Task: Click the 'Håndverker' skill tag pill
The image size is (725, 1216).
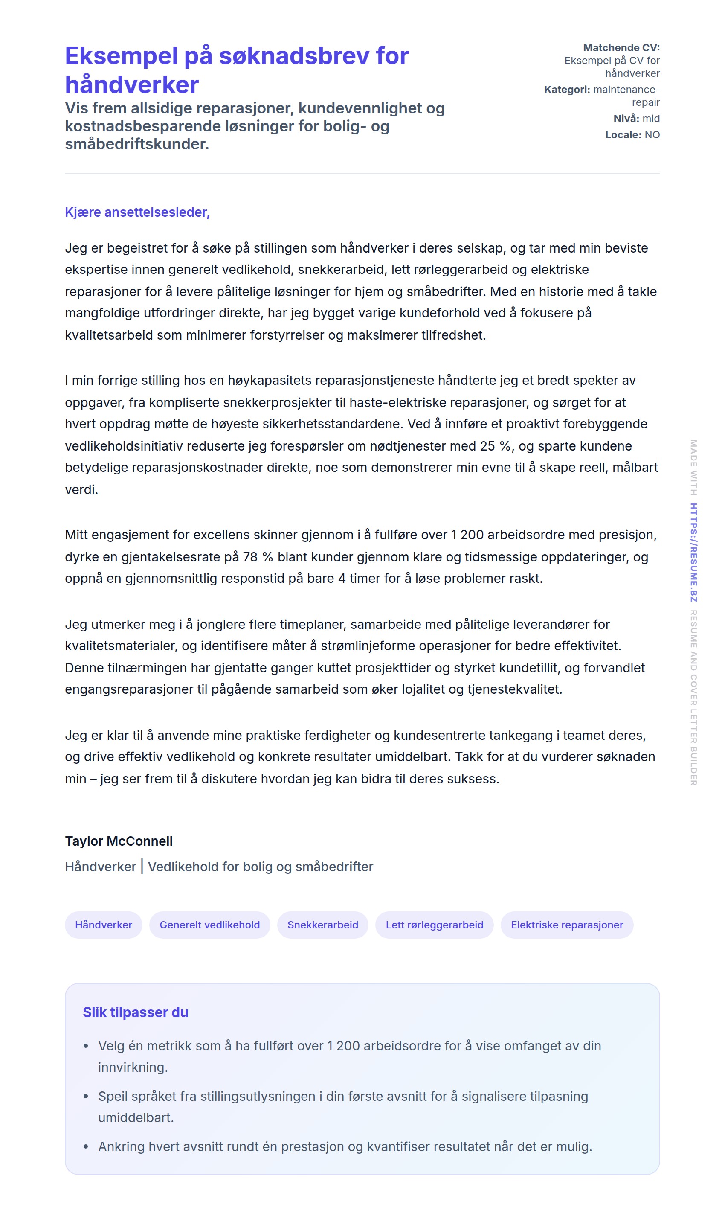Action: point(104,925)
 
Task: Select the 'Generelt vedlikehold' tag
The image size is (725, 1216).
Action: point(209,925)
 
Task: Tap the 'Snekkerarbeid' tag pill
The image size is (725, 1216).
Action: point(322,925)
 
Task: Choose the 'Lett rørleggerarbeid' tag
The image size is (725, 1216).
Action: point(434,925)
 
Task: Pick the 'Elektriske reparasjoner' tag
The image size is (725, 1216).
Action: point(567,925)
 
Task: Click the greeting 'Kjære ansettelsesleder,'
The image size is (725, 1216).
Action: point(137,212)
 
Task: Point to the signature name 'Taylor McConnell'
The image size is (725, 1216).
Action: point(119,841)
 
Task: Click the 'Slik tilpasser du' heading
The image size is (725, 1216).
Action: point(135,1012)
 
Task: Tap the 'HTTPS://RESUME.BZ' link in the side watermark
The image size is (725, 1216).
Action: point(693,552)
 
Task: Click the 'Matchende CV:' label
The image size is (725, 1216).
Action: point(621,48)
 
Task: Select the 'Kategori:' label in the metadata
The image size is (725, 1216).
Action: point(567,90)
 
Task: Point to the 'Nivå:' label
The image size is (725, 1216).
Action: point(626,119)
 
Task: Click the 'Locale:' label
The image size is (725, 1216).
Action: point(623,135)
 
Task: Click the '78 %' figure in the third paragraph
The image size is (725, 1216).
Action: point(258,557)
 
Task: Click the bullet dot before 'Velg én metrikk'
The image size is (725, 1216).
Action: point(86,1046)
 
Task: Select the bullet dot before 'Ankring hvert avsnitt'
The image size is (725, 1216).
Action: point(86,1146)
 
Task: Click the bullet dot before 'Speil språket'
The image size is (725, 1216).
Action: point(86,1096)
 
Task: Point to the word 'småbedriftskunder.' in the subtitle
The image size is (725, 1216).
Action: point(137,144)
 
